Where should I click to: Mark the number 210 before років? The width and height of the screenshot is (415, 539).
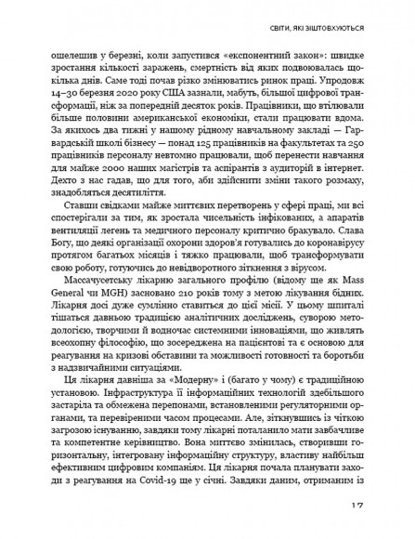tap(187, 332)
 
